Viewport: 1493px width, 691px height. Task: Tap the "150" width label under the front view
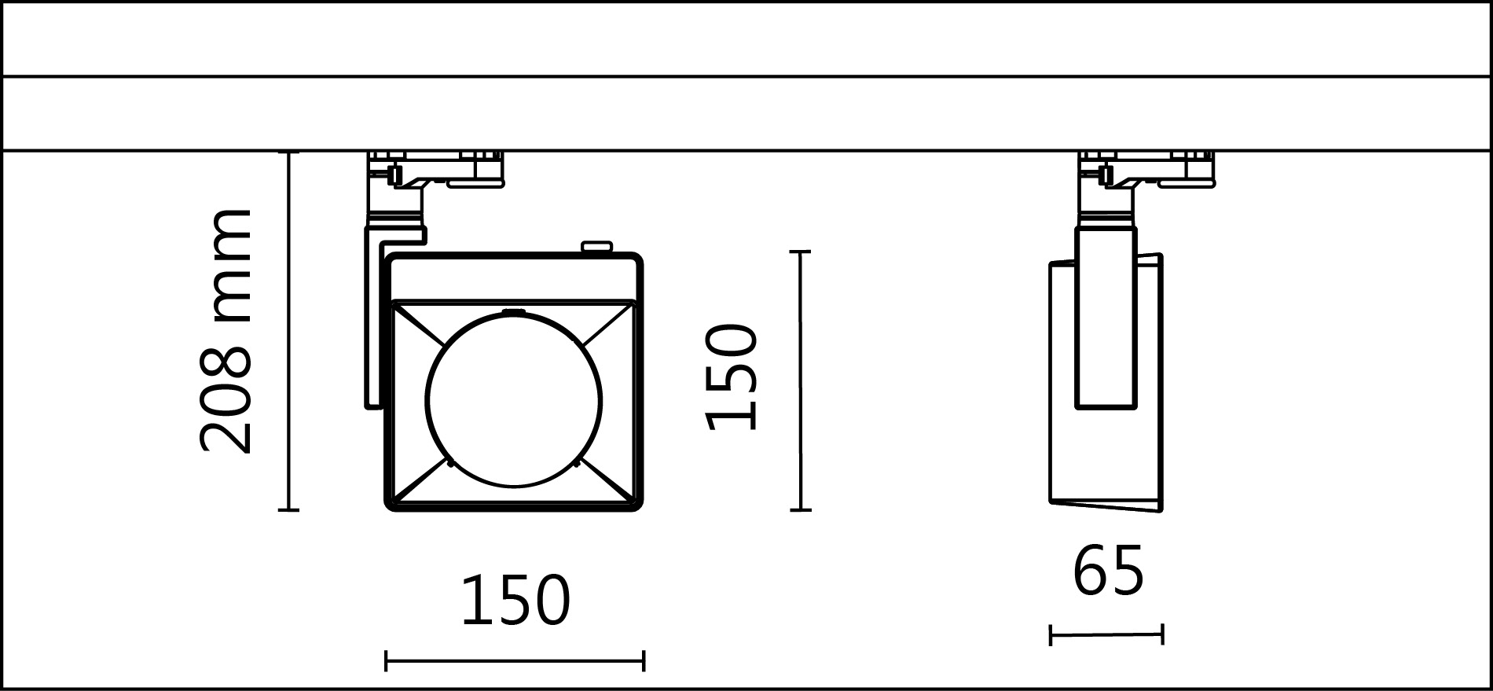pyautogui.click(x=515, y=601)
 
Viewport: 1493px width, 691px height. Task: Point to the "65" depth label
pyautogui.click(x=1108, y=572)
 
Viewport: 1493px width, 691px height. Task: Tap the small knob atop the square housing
pyautogui.click(x=596, y=248)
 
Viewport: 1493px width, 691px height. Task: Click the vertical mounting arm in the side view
pyautogui.click(x=1106, y=318)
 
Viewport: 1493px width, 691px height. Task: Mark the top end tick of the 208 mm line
pyautogui.click(x=289, y=152)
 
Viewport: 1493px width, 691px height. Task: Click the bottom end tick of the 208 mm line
pyautogui.click(x=289, y=510)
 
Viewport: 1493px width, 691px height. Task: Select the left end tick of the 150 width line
pyautogui.click(x=386, y=661)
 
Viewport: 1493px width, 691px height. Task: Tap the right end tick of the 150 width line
pyautogui.click(x=644, y=661)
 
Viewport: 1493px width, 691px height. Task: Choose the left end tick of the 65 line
pyautogui.click(x=1051, y=634)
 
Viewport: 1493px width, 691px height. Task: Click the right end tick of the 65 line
pyautogui.click(x=1162, y=634)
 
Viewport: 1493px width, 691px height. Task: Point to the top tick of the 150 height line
pyautogui.click(x=800, y=252)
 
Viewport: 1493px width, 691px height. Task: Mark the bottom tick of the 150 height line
pyautogui.click(x=800, y=510)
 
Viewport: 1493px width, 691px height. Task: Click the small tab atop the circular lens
pyautogui.click(x=514, y=311)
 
